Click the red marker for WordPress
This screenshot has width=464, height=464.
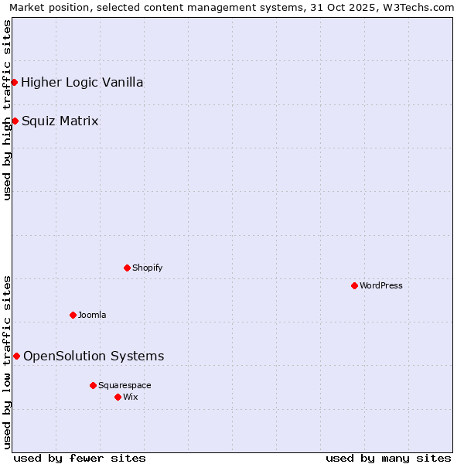coord(354,285)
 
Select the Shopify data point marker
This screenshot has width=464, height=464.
coord(127,268)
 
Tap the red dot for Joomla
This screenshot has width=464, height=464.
coord(73,315)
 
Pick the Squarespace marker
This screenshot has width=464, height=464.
coord(93,385)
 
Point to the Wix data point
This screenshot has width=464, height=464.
coord(118,397)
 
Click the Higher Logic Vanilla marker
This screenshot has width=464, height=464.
coord(14,82)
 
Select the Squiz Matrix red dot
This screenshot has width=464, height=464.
coord(15,121)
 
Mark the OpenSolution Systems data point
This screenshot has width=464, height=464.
coord(16,356)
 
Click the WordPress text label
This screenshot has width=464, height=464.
coord(381,285)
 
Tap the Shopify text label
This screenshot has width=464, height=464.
coord(148,268)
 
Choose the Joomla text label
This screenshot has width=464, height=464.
coord(92,315)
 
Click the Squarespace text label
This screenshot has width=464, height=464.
coord(125,385)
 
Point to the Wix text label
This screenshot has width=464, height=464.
coord(131,397)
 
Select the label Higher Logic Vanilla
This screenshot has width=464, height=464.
coord(82,82)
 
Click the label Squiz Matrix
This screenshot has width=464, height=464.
coord(60,121)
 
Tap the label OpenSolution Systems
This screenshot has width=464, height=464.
coord(94,356)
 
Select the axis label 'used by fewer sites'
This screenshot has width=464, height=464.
coord(80,458)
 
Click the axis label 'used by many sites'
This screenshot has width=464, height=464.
coord(388,458)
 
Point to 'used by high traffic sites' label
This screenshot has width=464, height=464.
coord(7,110)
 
